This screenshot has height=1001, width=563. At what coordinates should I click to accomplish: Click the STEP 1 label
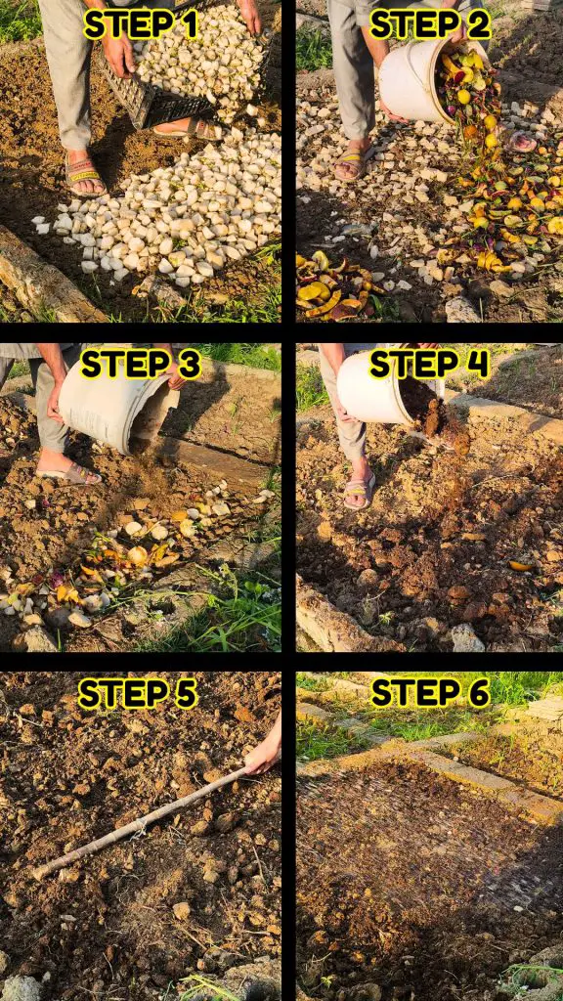tap(141, 24)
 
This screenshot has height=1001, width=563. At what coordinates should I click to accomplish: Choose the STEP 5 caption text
tap(137, 693)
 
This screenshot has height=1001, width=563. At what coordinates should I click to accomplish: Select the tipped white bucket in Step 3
tap(117, 409)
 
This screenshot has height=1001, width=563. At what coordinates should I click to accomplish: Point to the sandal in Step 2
tap(354, 163)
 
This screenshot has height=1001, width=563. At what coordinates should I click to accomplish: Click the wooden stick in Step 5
tap(137, 824)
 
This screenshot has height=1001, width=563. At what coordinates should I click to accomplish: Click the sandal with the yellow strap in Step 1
tap(85, 176)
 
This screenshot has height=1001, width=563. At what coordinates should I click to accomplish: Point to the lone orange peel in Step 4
tap(522, 565)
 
